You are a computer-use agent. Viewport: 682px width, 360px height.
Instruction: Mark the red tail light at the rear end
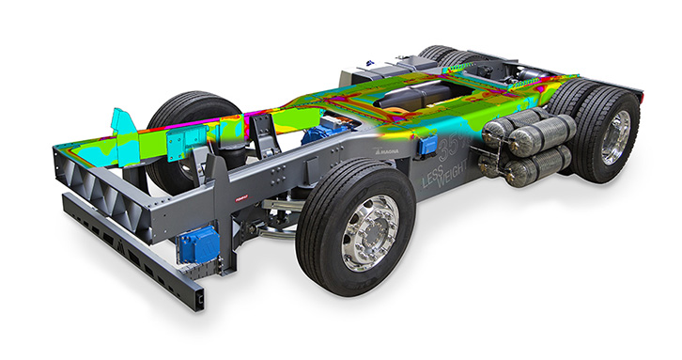[x=638, y=93]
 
